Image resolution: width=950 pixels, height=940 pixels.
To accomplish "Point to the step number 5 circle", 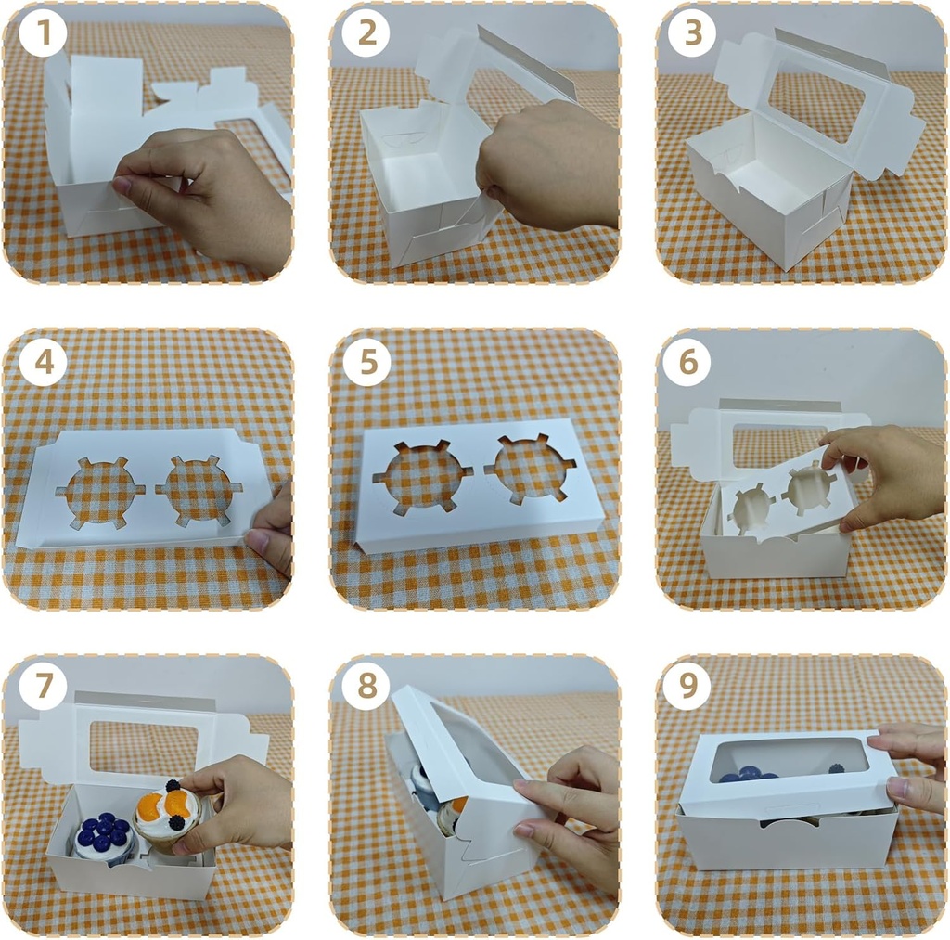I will point(368,363).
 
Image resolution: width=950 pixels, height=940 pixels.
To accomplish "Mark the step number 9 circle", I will point(687,687).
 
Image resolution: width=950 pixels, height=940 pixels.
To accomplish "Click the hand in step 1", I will point(209,195).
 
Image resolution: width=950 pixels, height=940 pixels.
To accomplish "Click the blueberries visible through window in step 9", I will point(748,772).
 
